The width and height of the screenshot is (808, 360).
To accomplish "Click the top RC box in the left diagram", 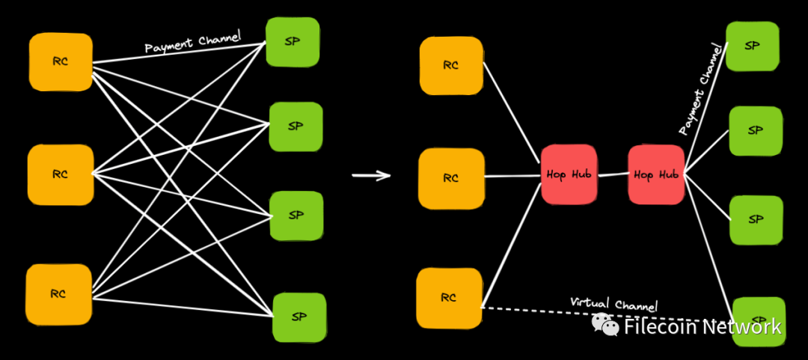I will [61, 62].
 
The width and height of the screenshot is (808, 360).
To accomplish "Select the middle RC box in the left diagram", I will [61, 174].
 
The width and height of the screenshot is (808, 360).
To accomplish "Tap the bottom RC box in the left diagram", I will [59, 294].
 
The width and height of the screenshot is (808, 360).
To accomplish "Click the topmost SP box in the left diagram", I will [293, 42].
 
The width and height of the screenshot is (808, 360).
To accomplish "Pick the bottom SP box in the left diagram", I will [299, 317].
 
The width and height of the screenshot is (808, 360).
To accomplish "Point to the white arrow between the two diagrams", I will [371, 176].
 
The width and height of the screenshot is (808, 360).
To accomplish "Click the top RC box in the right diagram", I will [450, 66].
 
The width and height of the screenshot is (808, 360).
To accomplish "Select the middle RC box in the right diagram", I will [450, 178].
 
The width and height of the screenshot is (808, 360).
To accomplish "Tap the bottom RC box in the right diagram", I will [449, 298].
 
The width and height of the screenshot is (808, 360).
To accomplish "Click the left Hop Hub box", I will [569, 174].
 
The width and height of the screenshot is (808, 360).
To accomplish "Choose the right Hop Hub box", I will [656, 174].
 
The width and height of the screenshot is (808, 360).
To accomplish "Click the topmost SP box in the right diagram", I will [753, 46].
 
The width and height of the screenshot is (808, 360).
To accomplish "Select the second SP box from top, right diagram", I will [756, 131].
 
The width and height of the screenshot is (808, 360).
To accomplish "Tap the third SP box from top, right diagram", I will [756, 220].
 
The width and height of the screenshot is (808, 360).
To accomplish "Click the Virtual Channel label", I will [613, 305].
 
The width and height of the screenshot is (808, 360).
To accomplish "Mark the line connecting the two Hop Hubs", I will [613, 175].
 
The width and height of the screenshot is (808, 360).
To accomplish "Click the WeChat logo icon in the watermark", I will [605, 325].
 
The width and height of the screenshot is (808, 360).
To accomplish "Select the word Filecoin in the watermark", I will [655, 327].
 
